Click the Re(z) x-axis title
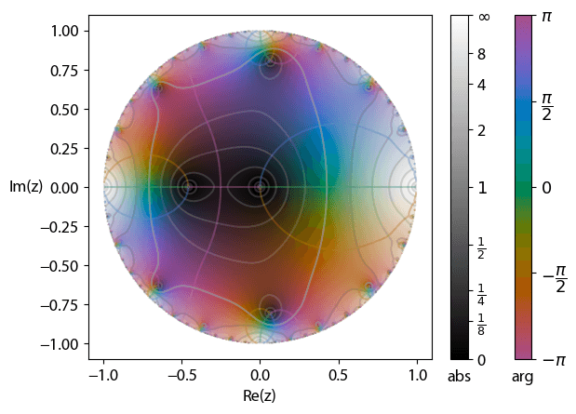(x=260, y=395)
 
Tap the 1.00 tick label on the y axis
(x=63, y=31)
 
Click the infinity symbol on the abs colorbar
(x=484, y=17)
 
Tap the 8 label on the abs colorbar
(x=482, y=54)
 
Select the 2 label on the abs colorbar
(x=482, y=130)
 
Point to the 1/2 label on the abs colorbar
(x=482, y=249)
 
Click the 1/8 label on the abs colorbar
(x=482, y=326)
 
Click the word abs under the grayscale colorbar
(x=459, y=377)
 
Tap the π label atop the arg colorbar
(x=546, y=17)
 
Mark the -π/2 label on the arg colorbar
(x=554, y=275)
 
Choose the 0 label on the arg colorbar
(x=546, y=188)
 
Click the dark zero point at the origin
(x=260, y=187)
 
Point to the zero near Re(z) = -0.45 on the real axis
(x=189, y=187)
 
